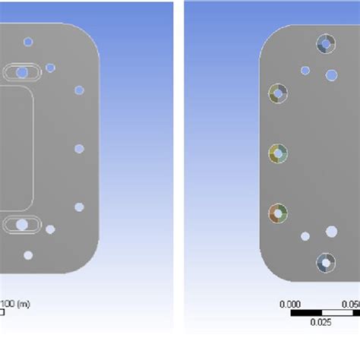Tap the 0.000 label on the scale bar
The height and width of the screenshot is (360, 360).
pyautogui.click(x=291, y=304)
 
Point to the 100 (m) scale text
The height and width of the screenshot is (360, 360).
pyautogui.click(x=14, y=304)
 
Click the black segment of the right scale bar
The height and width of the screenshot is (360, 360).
pyautogui.click(x=307, y=312)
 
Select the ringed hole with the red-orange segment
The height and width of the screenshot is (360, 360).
pyautogui.click(x=278, y=213)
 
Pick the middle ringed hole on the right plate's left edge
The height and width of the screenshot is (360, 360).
pyautogui.click(x=278, y=153)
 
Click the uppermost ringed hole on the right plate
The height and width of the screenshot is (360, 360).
pyautogui.click(x=326, y=44)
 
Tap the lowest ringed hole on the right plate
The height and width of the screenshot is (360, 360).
pyautogui.click(x=326, y=263)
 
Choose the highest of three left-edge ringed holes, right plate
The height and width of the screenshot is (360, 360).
pyautogui.click(x=278, y=94)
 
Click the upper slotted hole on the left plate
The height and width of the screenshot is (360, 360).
pyautogui.click(x=22, y=72)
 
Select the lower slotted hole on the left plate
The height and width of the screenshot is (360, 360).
pyautogui.click(x=22, y=224)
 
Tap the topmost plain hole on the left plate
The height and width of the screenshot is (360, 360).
pyautogui.click(x=28, y=42)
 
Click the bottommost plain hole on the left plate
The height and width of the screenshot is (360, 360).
pyautogui.click(x=28, y=255)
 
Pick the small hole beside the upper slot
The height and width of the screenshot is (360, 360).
pyautogui.click(x=50, y=68)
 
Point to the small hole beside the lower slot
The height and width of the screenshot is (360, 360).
pyautogui.click(x=50, y=229)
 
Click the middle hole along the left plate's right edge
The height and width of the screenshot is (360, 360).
pyautogui.click(x=79, y=148)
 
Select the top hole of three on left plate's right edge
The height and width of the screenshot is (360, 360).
pyautogui.click(x=79, y=90)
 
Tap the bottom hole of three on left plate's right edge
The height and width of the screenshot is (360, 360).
pyautogui.click(x=79, y=207)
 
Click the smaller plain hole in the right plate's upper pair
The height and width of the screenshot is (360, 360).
pyautogui.click(x=305, y=71)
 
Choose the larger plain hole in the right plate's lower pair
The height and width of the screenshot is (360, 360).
pyautogui.click(x=332, y=231)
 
